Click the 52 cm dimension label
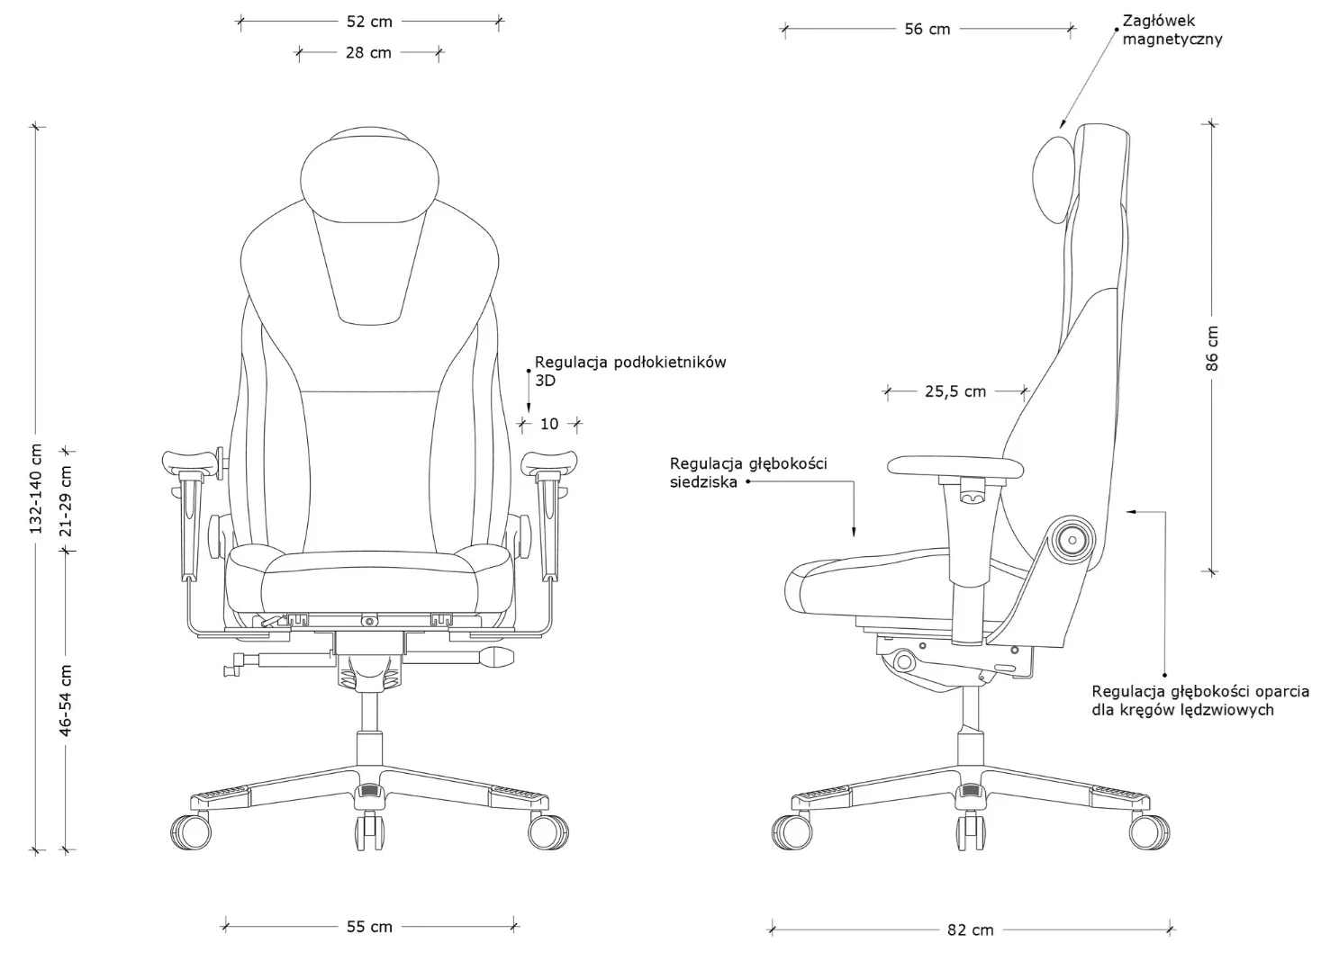369,22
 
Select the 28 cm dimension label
368,53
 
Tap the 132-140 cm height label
36,489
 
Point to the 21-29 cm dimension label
66,501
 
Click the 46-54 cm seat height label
66,700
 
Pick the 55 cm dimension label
369,927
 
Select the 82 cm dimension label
970,930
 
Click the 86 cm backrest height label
1212,348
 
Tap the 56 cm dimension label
927,29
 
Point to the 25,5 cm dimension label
955,391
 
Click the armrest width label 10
549,424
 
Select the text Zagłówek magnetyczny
1172,31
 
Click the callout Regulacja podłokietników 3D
630,372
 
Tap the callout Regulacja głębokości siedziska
748,472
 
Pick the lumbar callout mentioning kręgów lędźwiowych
1200,701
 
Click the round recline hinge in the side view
1072,540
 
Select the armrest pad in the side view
955,467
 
